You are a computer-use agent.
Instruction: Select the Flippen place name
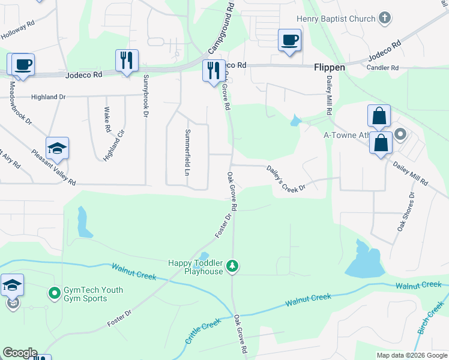tap(330, 68)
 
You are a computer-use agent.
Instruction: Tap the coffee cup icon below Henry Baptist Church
tap(289, 40)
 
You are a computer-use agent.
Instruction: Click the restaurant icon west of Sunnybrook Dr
tap(127, 60)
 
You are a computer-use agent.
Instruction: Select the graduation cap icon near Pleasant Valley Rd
tap(57, 148)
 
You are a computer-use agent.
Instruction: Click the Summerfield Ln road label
tap(187, 152)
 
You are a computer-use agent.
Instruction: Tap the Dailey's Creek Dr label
tap(286, 179)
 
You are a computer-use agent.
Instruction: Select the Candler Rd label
tap(382, 68)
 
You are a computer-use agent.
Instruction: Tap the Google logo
tap(20, 353)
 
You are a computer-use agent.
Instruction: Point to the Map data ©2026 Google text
tap(412, 355)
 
